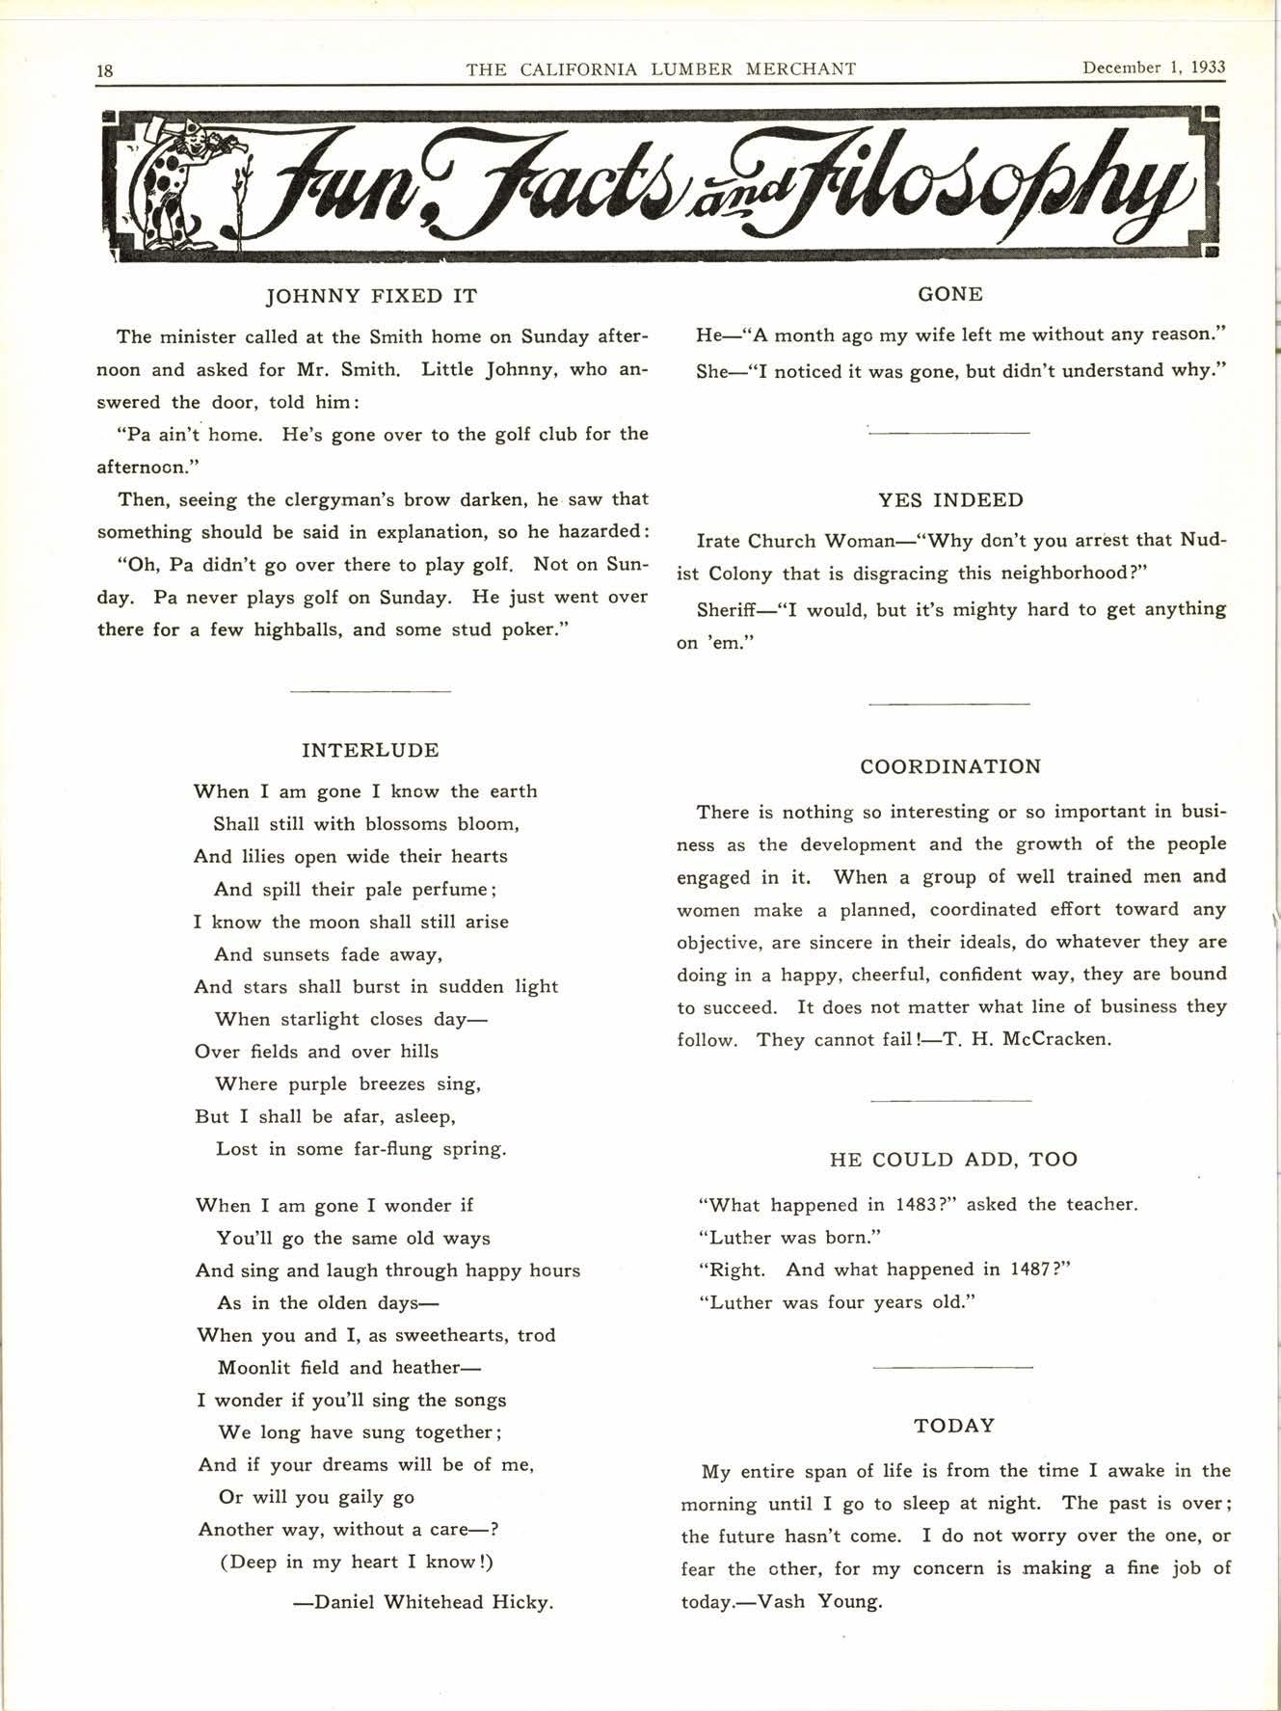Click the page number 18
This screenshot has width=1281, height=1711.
tap(105, 70)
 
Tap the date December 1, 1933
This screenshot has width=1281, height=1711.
tap(1153, 67)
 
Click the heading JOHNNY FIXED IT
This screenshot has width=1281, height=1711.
tap(371, 296)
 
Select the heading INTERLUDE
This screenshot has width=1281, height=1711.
tap(370, 750)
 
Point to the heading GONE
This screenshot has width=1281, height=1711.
tap(950, 294)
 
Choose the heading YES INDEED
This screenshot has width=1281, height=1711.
tap(950, 500)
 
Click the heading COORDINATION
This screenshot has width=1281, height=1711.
tap(950, 767)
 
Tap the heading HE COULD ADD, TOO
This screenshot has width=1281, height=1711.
tap(953, 1160)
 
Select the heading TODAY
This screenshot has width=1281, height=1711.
tap(954, 1426)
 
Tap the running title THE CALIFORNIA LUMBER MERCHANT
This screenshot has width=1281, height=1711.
tap(661, 68)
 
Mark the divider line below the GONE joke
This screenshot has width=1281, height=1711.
tap(949, 433)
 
